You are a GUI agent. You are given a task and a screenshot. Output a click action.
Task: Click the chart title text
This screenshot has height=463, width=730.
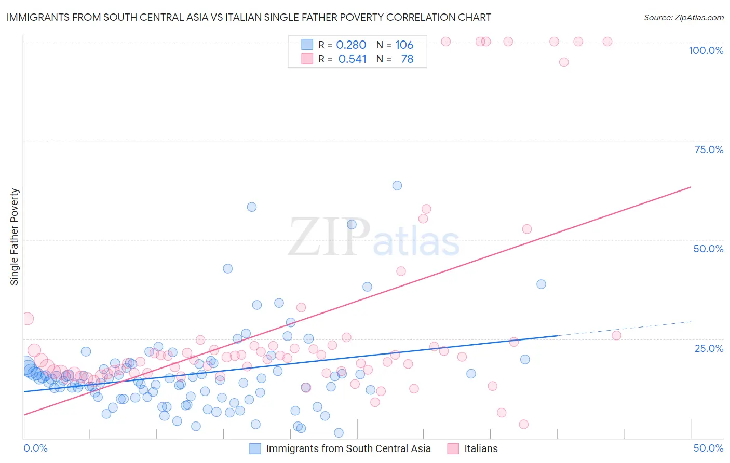click(x=249, y=17)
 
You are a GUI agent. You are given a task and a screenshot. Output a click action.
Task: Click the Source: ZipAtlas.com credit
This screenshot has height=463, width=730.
click(x=683, y=17)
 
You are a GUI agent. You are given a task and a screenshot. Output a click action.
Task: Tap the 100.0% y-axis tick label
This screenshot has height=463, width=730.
click(x=706, y=50)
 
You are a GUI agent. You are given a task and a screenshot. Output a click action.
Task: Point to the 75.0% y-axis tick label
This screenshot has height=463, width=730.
click(x=708, y=149)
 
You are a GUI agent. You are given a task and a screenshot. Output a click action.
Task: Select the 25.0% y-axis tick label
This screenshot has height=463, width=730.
click(x=708, y=348)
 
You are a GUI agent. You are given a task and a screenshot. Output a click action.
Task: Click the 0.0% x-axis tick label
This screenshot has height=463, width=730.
click(x=36, y=448)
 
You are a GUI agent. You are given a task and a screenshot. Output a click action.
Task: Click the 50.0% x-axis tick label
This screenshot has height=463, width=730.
click(x=708, y=448)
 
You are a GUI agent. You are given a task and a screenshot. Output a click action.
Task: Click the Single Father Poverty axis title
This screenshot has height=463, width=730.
click(x=15, y=237)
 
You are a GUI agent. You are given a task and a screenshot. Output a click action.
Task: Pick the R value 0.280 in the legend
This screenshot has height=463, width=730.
click(x=351, y=45)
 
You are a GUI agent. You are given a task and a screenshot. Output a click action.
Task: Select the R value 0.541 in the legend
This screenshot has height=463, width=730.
click(x=352, y=59)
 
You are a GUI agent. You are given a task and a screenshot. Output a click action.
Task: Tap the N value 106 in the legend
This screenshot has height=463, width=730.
click(x=404, y=45)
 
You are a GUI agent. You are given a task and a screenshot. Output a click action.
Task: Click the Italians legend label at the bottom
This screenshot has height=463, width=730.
click(x=481, y=448)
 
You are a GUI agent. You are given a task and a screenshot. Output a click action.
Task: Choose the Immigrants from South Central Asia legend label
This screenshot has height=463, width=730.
click(x=348, y=448)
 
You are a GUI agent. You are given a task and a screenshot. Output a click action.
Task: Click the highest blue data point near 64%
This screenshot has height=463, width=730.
click(x=397, y=185)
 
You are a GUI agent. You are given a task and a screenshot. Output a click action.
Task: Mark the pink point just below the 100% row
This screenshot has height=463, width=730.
click(x=564, y=62)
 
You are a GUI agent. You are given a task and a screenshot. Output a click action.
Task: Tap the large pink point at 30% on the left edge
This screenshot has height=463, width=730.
click(x=27, y=319)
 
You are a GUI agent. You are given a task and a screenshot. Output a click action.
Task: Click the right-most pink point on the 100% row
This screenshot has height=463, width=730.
click(x=607, y=42)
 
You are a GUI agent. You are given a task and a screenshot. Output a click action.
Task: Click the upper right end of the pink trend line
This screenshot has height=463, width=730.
click(x=690, y=187)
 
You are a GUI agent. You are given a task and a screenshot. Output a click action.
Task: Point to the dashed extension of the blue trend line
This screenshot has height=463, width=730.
click(x=623, y=329)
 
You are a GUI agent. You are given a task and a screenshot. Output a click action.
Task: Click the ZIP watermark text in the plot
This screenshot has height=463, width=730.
click(x=329, y=237)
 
